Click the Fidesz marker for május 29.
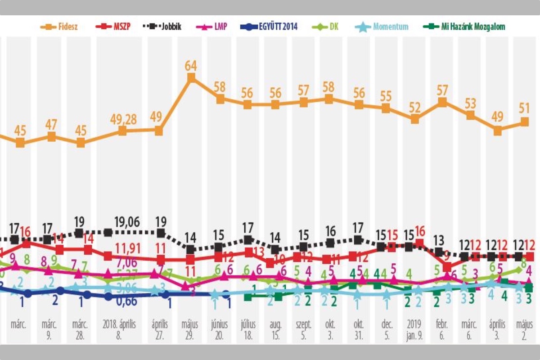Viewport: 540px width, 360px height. click(191, 78)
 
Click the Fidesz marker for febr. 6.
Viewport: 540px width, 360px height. click(442, 102)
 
